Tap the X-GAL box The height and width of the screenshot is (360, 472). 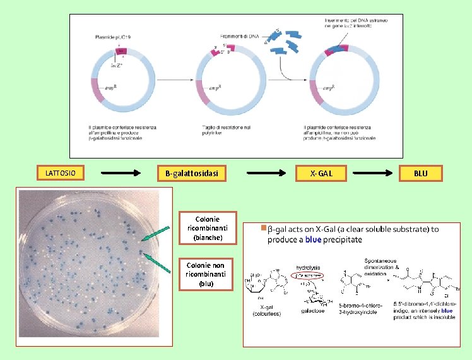(x=321, y=173)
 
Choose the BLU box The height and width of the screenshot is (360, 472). (x=420, y=173)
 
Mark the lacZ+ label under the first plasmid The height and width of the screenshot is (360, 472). (x=116, y=64)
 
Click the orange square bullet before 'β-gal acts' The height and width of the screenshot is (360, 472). (x=263, y=229)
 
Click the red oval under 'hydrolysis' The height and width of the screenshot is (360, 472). (x=309, y=277)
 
